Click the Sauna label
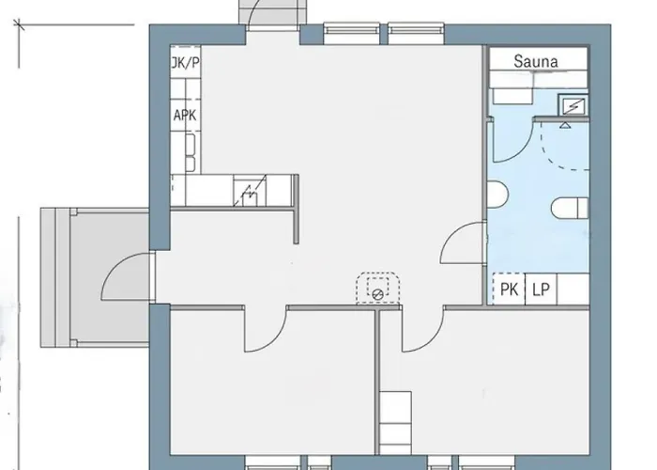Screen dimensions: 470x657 point(536,62)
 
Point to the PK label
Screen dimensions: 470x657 point(509,290)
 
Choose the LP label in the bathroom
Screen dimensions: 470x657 point(541,290)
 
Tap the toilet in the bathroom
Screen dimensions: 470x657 point(569,207)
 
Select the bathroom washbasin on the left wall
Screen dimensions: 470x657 point(498,195)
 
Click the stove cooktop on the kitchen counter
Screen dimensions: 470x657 point(249,191)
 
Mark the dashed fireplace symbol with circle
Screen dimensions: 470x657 point(377,289)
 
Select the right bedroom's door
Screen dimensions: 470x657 point(423,329)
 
